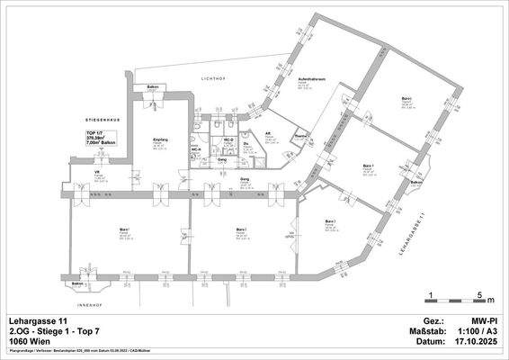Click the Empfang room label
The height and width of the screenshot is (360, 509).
click(x=160, y=141)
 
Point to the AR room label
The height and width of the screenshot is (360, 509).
click(x=268, y=134)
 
